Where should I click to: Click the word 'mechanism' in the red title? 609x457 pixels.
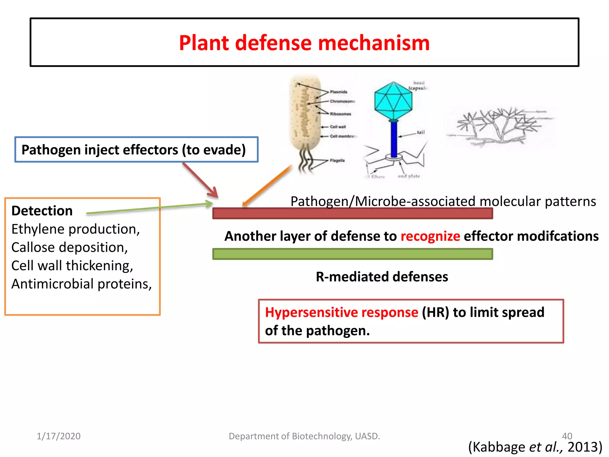pyautogui.click(x=373, y=43)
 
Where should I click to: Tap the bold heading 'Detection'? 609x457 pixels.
pyautogui.click(x=42, y=211)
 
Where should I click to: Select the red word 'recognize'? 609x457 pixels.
pyautogui.click(x=430, y=236)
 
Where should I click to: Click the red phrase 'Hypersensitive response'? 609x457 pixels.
pyautogui.click(x=341, y=312)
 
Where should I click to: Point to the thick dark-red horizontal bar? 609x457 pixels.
pyautogui.click(x=352, y=213)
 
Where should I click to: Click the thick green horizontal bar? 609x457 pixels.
pyautogui.click(x=352, y=254)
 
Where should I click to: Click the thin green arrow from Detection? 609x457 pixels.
pyautogui.click(x=149, y=209)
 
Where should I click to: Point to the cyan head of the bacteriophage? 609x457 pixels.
pyautogui.click(x=393, y=101)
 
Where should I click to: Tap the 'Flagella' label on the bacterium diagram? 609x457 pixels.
pyautogui.click(x=337, y=161)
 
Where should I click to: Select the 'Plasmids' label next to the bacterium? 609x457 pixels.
pyautogui.click(x=338, y=92)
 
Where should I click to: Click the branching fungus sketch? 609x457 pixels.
pyautogui.click(x=500, y=126)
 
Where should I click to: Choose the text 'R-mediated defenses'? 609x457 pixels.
pyautogui.click(x=382, y=277)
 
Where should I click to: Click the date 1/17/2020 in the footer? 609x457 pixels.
pyautogui.click(x=59, y=436)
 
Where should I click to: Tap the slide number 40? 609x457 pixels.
pyautogui.click(x=567, y=436)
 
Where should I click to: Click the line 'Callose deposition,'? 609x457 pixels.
pyautogui.click(x=70, y=248)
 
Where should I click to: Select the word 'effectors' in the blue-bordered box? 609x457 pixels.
pyautogui.click(x=150, y=150)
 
